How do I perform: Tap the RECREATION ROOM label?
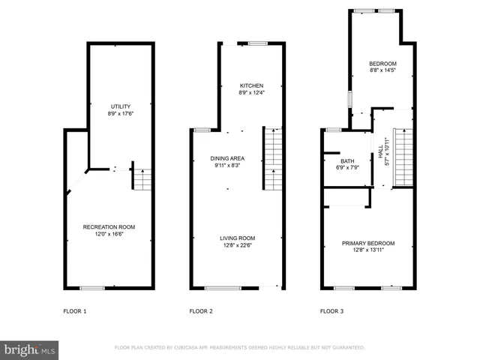109,226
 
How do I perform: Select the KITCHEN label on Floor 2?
251,85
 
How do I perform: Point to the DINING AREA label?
227,158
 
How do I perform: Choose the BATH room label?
347,161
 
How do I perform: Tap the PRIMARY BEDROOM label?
367,243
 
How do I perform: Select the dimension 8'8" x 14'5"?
382,70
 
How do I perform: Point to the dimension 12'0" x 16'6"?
109,233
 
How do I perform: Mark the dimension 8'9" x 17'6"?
120,115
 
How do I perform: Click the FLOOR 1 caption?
74,310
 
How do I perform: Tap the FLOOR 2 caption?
201,310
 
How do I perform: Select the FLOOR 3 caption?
332,310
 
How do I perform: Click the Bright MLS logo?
30,349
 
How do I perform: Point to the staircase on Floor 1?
141,178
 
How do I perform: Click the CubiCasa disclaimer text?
239,348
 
